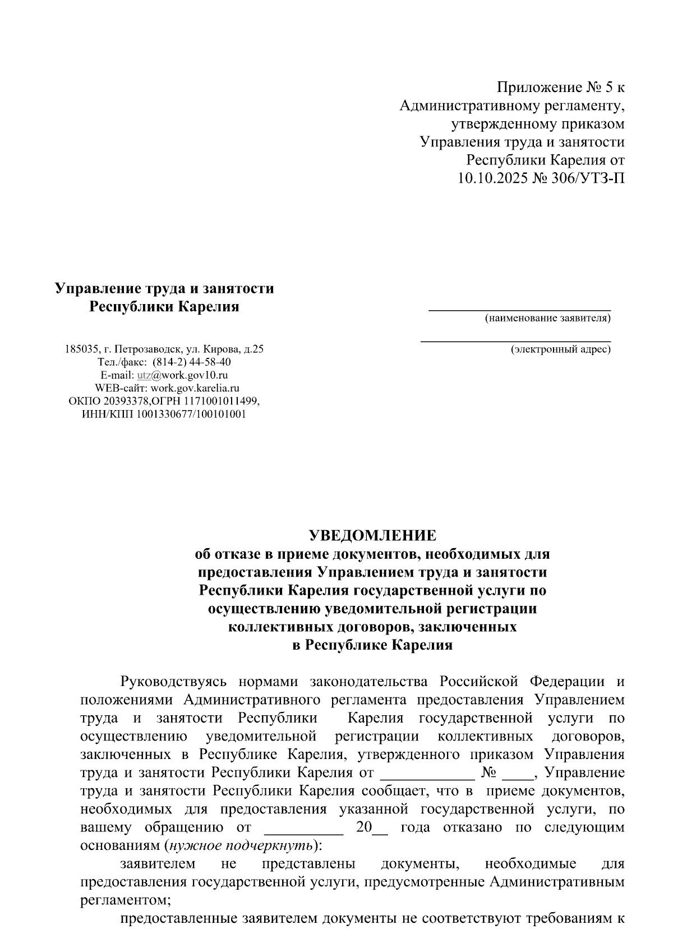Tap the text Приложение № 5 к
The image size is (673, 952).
click(560, 87)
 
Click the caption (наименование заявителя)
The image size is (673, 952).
click(548, 319)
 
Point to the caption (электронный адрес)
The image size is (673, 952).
click(560, 349)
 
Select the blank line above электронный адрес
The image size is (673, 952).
click(515, 340)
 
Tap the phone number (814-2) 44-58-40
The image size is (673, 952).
click(191, 362)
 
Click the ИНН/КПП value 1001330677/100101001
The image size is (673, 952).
click(191, 415)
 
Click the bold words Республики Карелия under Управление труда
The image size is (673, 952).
click(165, 307)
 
